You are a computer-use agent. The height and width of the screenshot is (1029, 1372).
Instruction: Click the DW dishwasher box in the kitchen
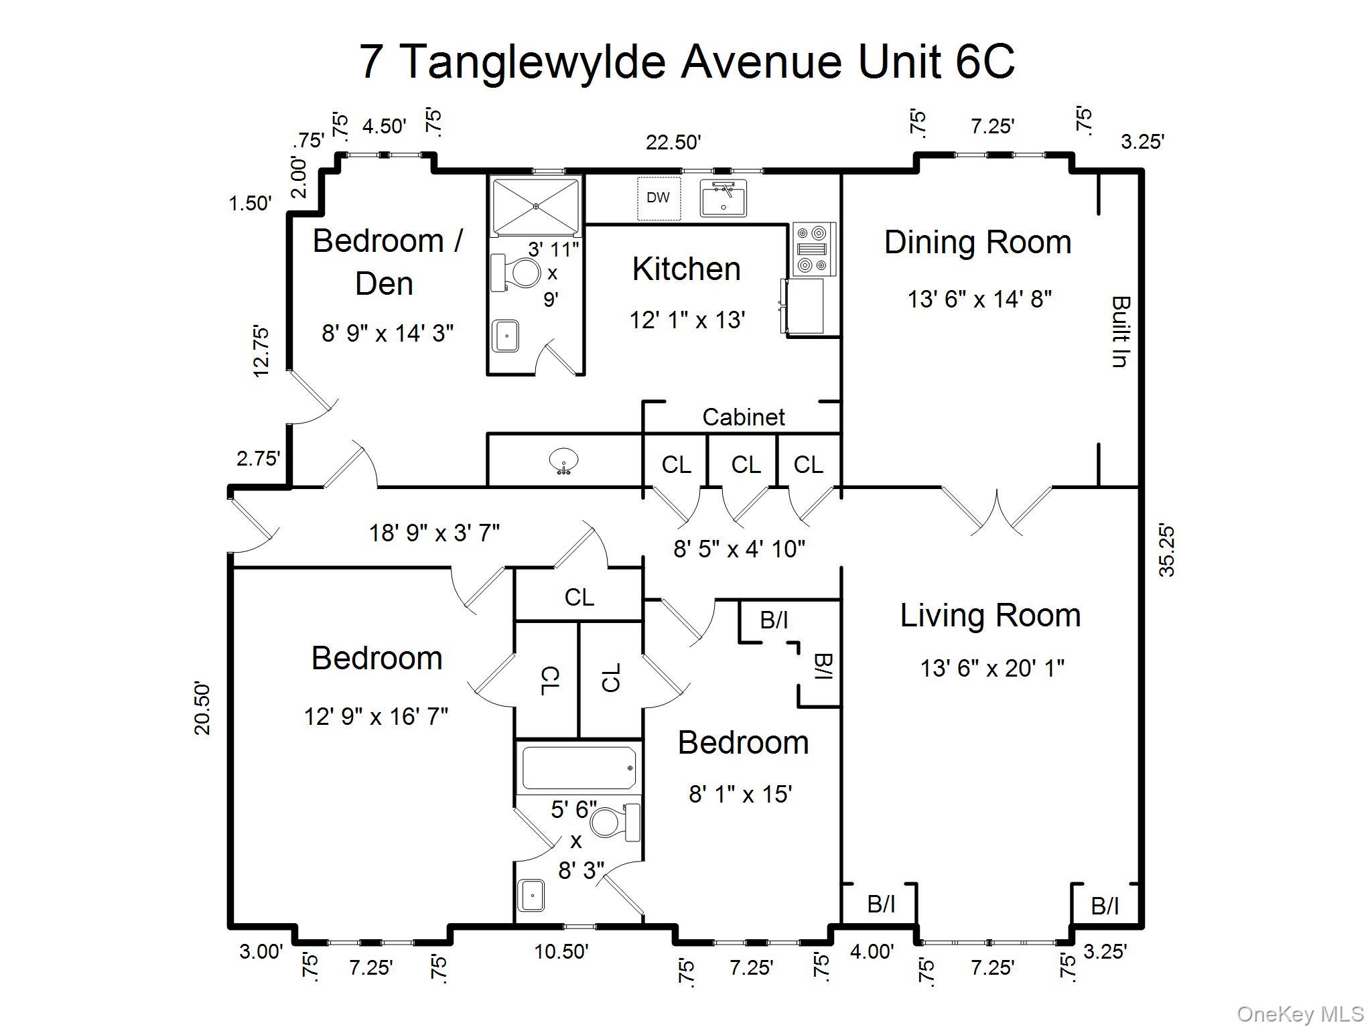point(658,198)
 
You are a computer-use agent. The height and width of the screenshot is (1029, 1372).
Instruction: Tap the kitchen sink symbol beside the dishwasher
point(724,198)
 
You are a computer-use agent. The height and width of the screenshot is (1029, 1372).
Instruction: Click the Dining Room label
point(977,243)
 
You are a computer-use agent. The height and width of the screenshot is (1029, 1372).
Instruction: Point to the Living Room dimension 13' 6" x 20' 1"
point(991,668)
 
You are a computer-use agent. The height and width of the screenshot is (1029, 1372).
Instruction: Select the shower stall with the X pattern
point(535,206)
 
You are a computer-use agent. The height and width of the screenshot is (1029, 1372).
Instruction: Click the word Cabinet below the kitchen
point(743,417)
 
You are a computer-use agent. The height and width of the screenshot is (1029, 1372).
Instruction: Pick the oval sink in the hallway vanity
point(563,461)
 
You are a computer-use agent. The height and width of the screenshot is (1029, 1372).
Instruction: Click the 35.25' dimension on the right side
point(1166,551)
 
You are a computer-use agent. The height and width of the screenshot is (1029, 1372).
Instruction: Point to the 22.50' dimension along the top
point(673,142)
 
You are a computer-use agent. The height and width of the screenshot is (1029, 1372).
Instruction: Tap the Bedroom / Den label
point(387,261)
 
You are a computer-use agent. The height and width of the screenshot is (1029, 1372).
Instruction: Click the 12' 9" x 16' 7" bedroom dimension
point(376,717)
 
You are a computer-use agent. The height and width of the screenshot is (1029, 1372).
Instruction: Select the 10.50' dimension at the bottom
point(561,951)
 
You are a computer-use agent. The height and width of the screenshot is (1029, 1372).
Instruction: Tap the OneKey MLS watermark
point(1300,1014)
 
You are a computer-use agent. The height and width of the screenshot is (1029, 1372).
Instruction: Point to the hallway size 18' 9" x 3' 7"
point(434,533)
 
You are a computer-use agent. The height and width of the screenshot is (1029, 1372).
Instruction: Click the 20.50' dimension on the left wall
point(202,708)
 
